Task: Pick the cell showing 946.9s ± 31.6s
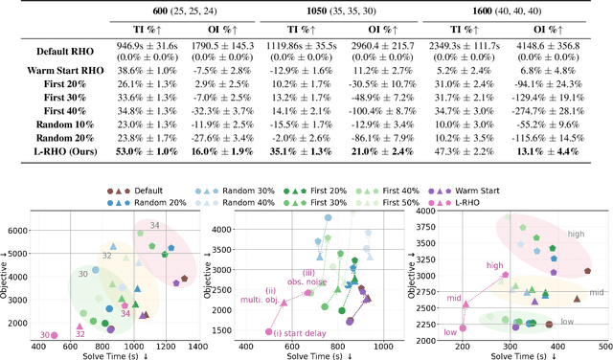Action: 162,44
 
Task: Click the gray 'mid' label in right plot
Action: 596,292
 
